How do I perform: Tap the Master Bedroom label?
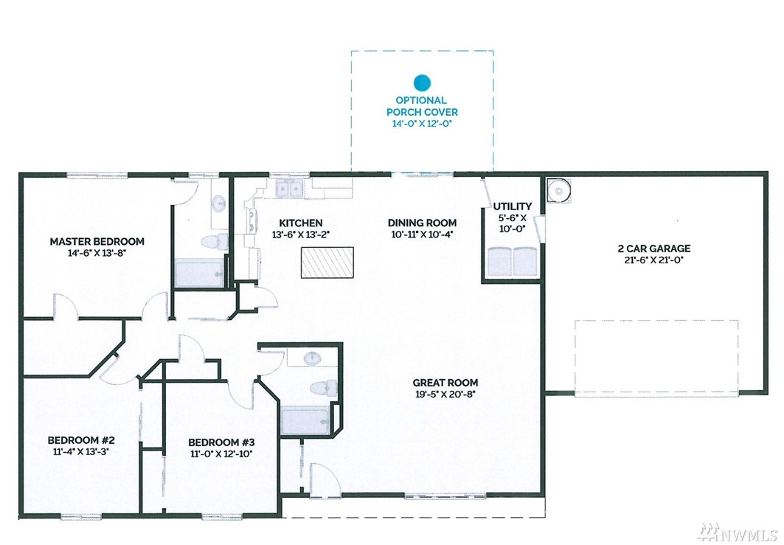[97, 241]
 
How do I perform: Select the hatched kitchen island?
[327, 262]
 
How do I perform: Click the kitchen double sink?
[290, 189]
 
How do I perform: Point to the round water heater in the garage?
[558, 190]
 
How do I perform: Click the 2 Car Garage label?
[654, 249]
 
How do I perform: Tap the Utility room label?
[513, 206]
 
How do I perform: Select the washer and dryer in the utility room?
[513, 261]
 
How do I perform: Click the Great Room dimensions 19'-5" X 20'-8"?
[445, 394]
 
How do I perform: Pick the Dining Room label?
[422, 223]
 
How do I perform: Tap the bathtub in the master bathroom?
[199, 274]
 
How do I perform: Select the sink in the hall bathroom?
[313, 358]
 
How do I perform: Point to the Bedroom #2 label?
[81, 440]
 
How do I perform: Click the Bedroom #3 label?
[221, 442]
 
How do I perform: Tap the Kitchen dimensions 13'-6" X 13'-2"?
[300, 235]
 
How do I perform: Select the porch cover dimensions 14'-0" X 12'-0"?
[422, 123]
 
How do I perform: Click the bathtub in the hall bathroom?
[305, 421]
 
